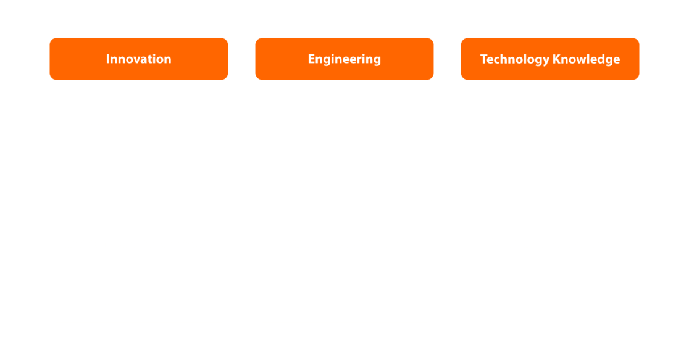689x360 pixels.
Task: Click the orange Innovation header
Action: pyautogui.click(x=138, y=59)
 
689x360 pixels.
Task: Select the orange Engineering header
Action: pyautogui.click(x=344, y=59)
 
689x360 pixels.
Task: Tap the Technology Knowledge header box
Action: pyautogui.click(x=550, y=59)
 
